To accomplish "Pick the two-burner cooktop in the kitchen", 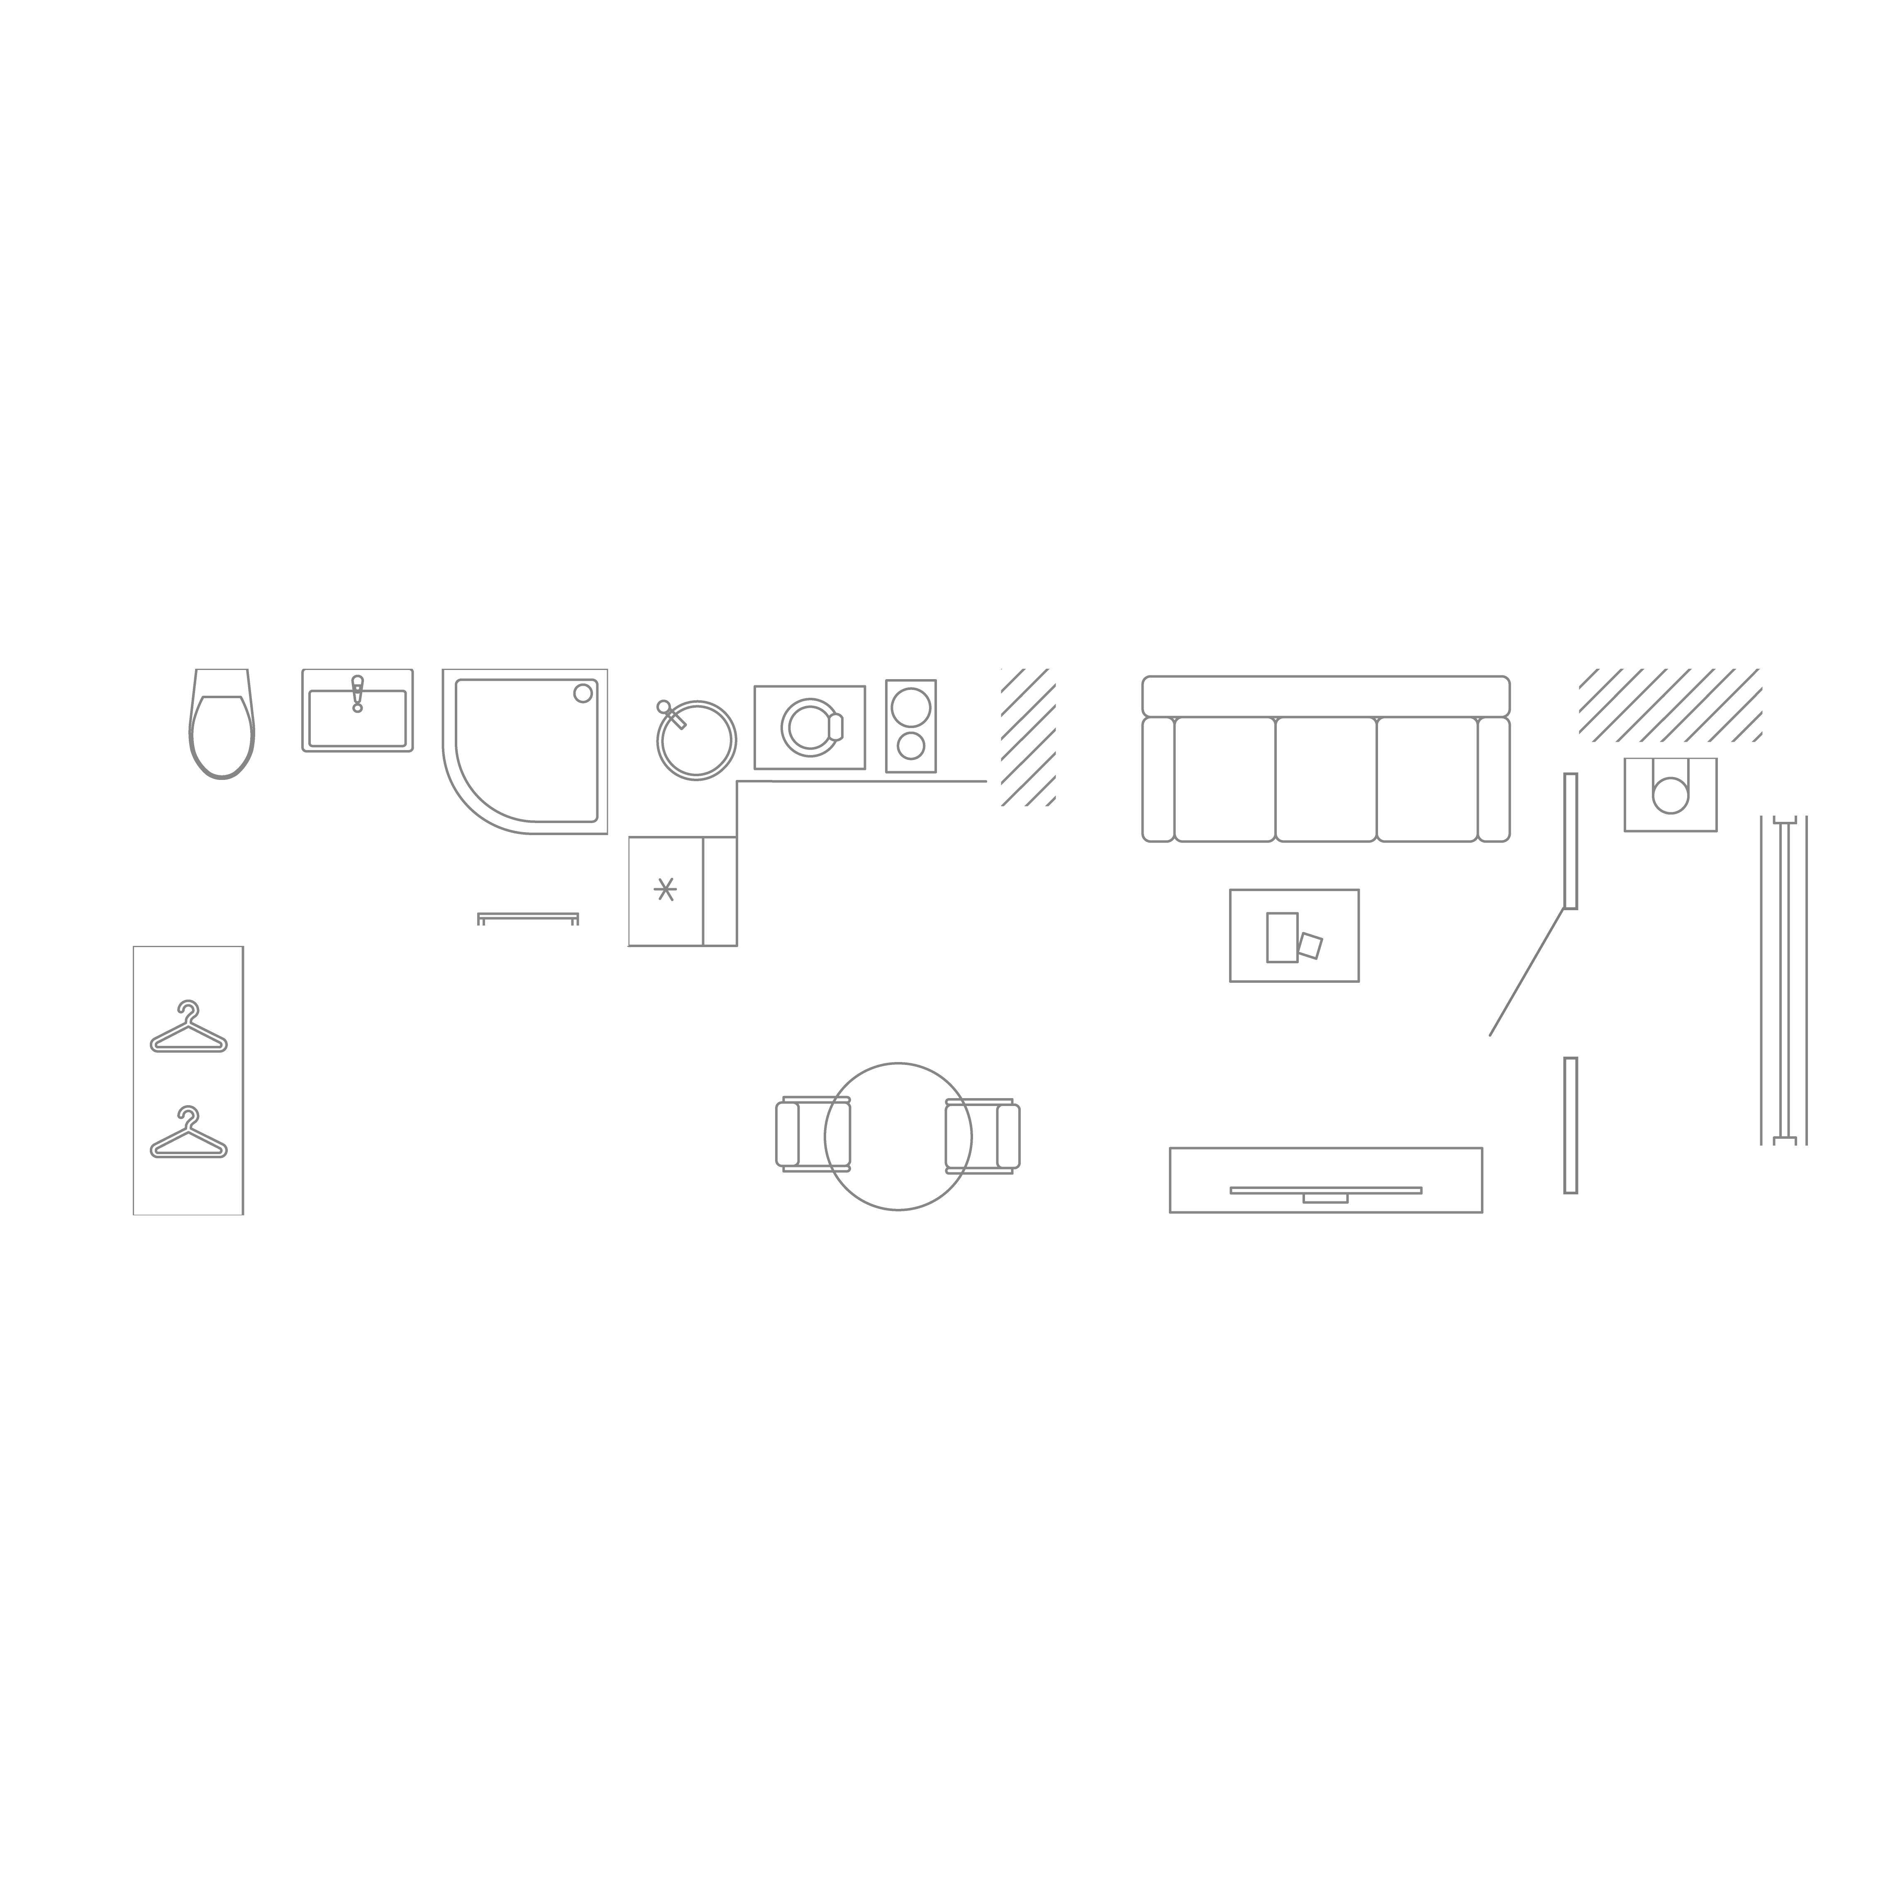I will coord(911,726).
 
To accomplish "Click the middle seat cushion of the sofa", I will coord(1326,779).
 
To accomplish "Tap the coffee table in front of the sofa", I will coord(1294,935).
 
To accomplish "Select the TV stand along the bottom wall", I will coord(1325,1179).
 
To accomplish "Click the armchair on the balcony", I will coord(1670,794).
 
